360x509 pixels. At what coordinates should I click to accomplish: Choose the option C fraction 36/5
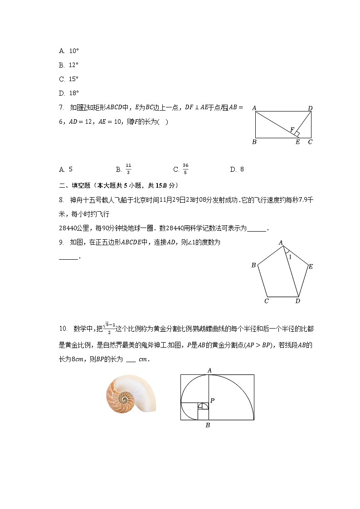pyautogui.click(x=185, y=169)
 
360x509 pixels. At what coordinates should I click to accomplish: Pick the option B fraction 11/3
pyautogui.click(x=128, y=169)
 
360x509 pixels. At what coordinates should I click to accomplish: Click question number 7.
pyautogui.click(x=61, y=108)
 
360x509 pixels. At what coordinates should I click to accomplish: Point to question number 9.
pyautogui.click(x=61, y=243)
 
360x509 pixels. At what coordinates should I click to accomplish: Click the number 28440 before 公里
pyautogui.click(x=71, y=229)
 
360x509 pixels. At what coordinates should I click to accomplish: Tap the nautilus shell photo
pyautogui.click(x=131, y=393)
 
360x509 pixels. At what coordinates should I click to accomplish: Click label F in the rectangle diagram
pyautogui.click(x=292, y=130)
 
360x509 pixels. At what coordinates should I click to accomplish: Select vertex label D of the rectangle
pyautogui.click(x=310, y=108)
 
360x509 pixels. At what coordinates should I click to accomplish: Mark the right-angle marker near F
pyautogui.click(x=297, y=134)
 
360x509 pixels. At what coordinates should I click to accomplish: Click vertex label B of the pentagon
pyautogui.click(x=253, y=265)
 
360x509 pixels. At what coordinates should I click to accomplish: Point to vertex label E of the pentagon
pyautogui.click(x=311, y=267)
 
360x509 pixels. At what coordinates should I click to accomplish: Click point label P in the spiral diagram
pyautogui.click(x=212, y=401)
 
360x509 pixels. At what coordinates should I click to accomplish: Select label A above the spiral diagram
pyautogui.click(x=209, y=370)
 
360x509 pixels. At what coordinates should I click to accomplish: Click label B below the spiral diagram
pyautogui.click(x=208, y=425)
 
